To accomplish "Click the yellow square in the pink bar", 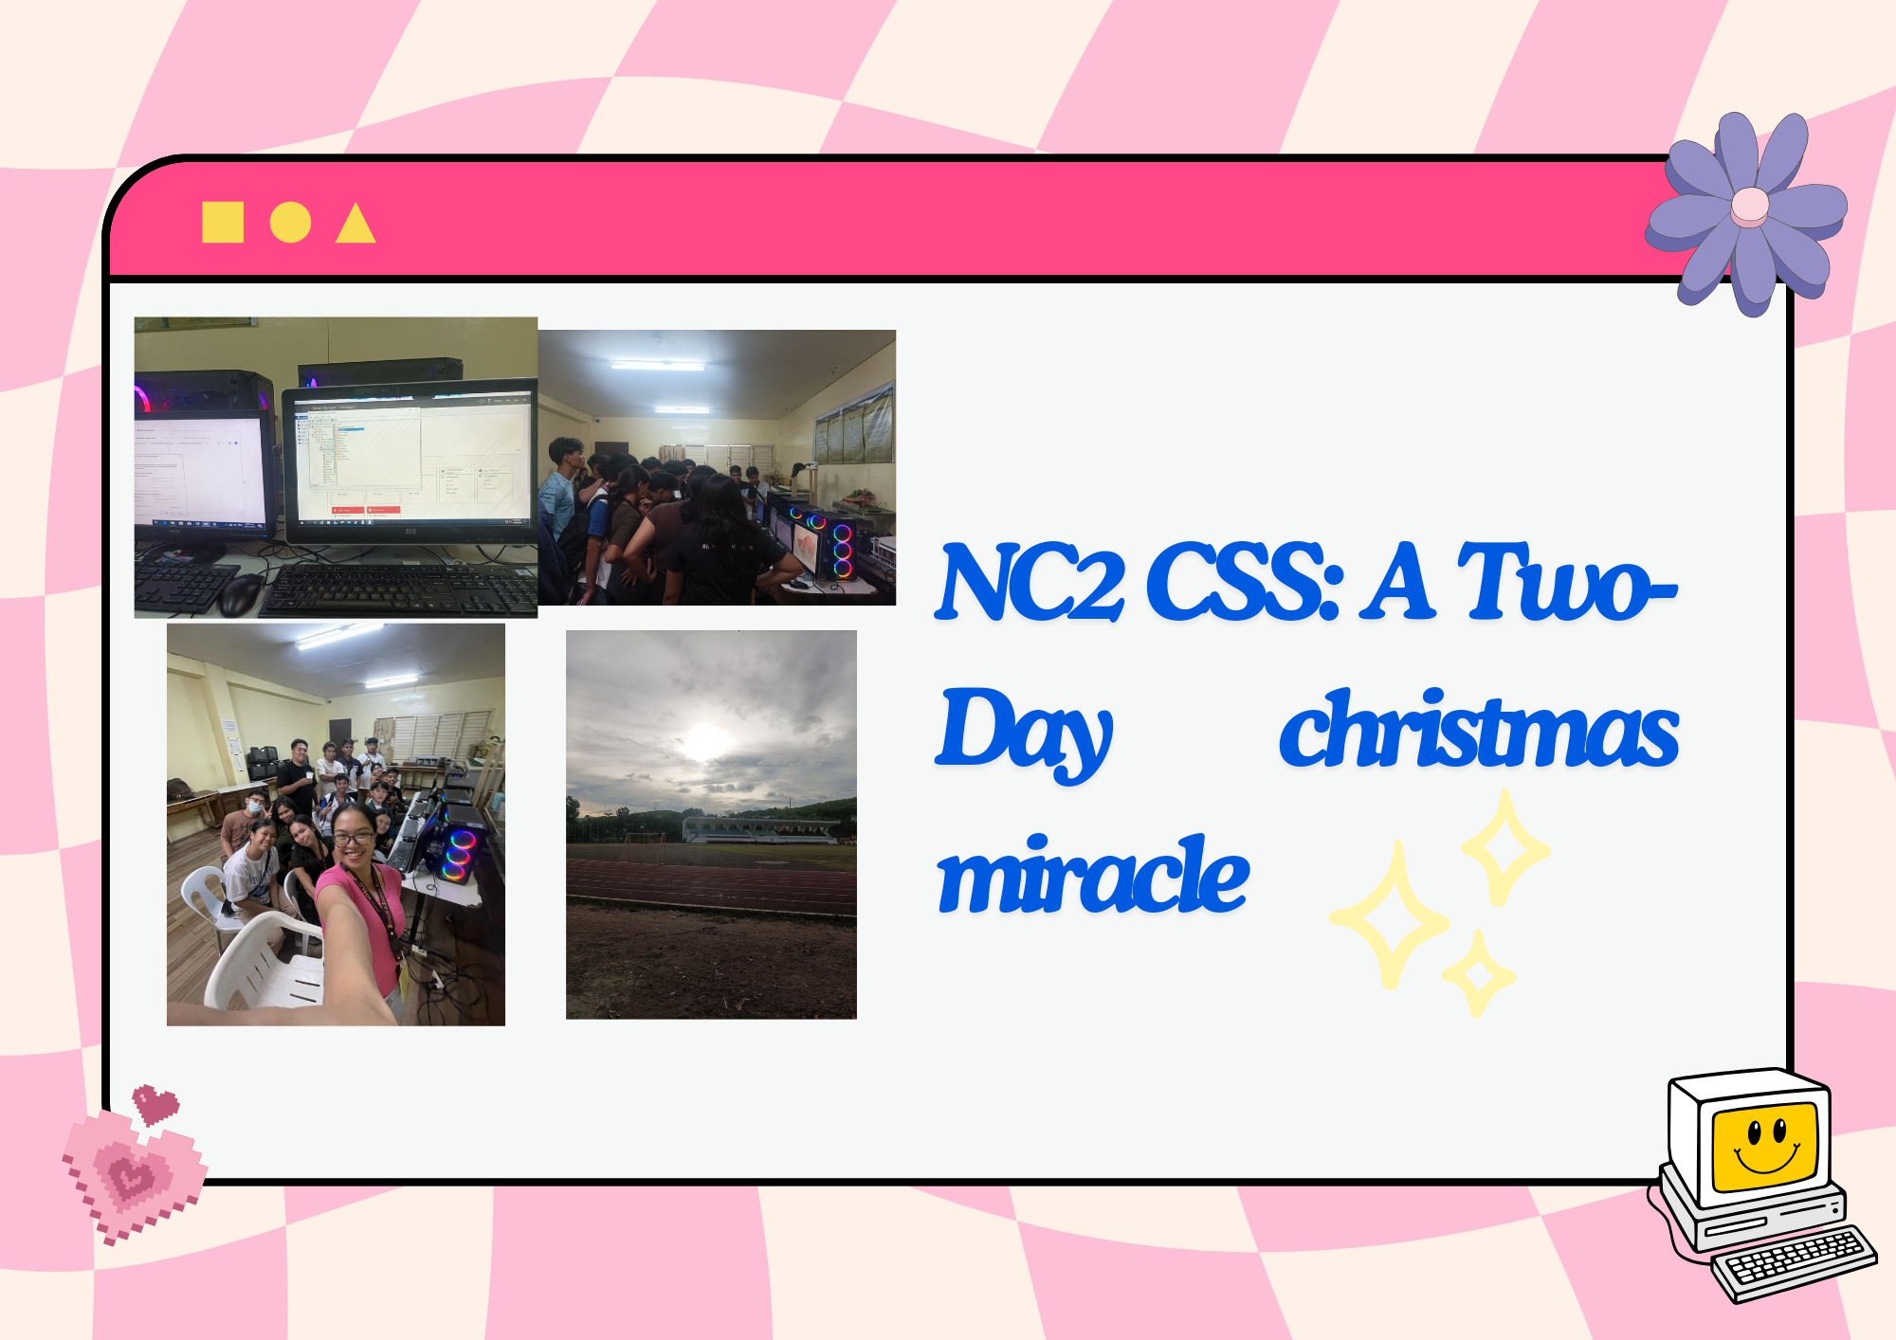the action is click(x=223, y=223).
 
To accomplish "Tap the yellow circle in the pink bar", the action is click(x=290, y=223).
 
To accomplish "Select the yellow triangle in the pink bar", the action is click(x=355, y=224).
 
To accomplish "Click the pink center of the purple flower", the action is click(x=1749, y=207).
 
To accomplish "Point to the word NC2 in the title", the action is click(x=1030, y=582).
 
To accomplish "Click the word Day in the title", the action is click(x=1024, y=733).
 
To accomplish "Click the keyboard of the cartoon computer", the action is click(x=1795, y=1263).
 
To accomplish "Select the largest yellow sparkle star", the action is click(x=1390, y=915).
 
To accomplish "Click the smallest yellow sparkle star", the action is click(x=1478, y=974).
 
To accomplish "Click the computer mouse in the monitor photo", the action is click(x=242, y=593).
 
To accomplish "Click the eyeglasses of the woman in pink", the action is click(x=353, y=838).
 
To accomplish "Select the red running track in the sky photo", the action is click(x=711, y=886).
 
